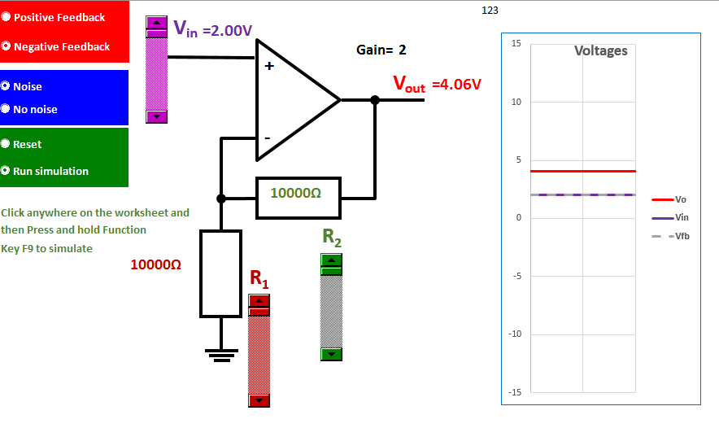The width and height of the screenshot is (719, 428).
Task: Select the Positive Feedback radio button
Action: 7,17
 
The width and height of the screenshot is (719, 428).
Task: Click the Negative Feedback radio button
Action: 7,46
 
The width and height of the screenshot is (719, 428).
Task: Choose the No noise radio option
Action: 7,109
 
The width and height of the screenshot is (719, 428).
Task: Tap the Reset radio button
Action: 7,144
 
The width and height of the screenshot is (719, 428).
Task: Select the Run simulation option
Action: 7,171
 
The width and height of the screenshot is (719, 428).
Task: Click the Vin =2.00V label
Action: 212,29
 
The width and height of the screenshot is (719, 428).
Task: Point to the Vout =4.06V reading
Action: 437,84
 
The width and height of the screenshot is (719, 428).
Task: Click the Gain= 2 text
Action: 381,50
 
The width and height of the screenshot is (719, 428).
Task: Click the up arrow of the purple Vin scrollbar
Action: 155,23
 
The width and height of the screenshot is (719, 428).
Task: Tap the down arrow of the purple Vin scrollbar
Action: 155,117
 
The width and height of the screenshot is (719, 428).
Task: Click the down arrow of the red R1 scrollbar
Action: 259,400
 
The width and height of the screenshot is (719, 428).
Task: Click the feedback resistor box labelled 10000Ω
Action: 298,198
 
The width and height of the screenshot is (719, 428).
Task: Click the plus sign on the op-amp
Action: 268,68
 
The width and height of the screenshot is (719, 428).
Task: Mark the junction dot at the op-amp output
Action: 375,100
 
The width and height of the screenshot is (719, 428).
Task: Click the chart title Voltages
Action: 600,50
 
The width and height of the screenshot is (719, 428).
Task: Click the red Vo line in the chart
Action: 582,171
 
